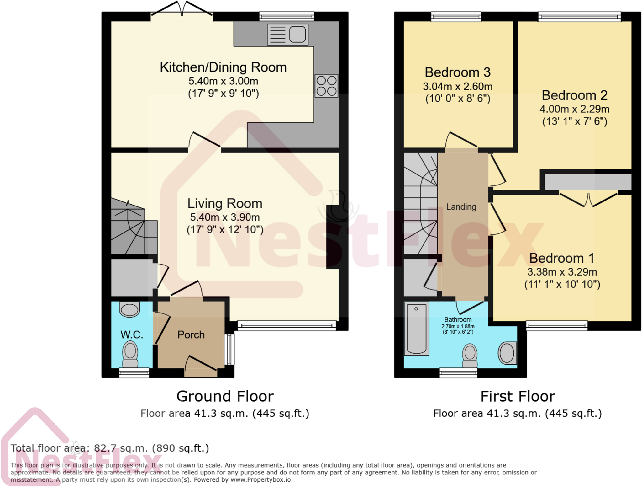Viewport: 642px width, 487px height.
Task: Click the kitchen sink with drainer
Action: [287, 35]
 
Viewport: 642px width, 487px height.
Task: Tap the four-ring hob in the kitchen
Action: [326, 86]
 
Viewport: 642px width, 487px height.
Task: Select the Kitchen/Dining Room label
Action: [223, 67]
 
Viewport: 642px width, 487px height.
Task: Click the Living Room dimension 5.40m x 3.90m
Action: [225, 217]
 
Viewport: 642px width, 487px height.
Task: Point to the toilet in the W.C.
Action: [130, 354]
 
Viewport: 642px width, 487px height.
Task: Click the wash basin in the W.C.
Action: [129, 309]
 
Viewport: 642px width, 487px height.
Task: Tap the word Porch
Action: [191, 335]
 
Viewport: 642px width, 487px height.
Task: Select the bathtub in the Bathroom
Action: [416, 329]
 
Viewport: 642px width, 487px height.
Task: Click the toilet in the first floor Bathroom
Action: [470, 355]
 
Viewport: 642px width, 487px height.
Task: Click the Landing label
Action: [461, 207]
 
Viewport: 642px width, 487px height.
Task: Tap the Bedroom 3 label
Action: [457, 72]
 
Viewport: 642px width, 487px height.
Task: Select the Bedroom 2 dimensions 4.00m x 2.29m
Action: [574, 109]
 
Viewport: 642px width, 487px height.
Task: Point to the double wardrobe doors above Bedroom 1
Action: [588, 200]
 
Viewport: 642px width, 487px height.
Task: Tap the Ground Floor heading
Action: [225, 396]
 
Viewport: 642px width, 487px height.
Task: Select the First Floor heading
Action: [518, 396]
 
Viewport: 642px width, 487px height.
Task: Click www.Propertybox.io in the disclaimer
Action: [260, 480]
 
